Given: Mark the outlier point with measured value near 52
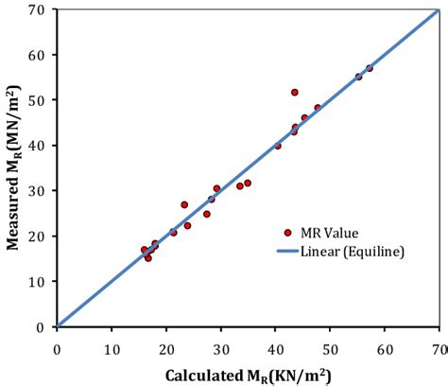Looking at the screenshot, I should click(x=295, y=93).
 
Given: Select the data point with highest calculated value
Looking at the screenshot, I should click(x=370, y=68).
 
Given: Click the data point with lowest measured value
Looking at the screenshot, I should click(x=148, y=257).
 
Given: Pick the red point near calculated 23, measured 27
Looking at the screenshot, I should click(x=184, y=204).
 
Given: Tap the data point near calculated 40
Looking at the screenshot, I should click(x=278, y=146).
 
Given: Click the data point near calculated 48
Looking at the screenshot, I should click(x=318, y=108).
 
